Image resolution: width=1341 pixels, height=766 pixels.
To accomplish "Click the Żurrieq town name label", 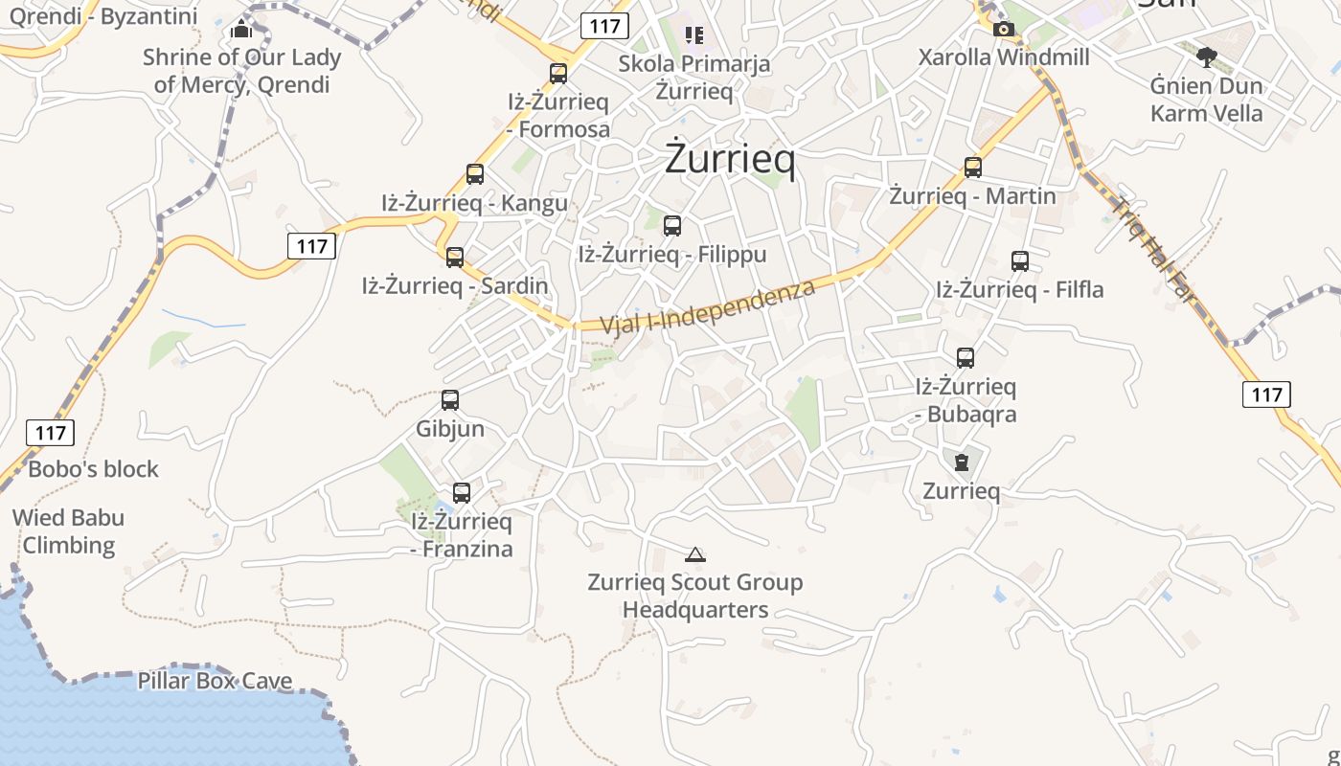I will click(x=730, y=160).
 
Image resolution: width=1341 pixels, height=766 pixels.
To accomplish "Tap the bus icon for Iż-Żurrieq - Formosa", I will click(x=558, y=74).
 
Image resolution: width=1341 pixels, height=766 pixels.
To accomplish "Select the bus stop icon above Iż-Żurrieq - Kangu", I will click(x=475, y=174).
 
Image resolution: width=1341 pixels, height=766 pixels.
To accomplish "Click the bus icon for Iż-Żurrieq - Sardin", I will click(x=455, y=258).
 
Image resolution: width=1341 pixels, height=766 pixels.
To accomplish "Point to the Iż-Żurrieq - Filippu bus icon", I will click(x=672, y=226).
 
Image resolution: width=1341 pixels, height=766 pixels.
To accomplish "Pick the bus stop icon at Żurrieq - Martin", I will click(x=973, y=168).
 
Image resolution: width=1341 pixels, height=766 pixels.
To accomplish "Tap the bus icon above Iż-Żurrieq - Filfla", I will click(x=1020, y=261).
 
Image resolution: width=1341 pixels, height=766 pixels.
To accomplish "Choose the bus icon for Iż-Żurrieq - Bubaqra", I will click(x=966, y=358).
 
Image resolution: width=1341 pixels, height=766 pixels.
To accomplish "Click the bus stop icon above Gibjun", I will click(x=450, y=400).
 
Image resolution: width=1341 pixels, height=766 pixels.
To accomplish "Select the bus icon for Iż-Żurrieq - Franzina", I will click(x=462, y=493).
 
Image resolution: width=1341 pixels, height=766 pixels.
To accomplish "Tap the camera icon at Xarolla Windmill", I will click(x=1004, y=30).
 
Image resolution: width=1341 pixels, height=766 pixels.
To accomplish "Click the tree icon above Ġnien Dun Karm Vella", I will click(x=1207, y=56).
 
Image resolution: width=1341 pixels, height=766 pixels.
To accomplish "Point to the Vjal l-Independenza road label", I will click(x=708, y=306).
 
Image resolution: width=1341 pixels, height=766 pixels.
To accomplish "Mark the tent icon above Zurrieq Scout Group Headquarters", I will click(x=695, y=554).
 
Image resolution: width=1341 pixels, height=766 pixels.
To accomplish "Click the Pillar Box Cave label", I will click(x=215, y=681).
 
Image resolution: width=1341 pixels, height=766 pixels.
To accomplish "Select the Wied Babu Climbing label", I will click(x=69, y=531).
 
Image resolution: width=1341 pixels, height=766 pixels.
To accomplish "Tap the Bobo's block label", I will click(x=93, y=469).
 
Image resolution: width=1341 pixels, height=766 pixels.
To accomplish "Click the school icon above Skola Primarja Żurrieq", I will click(x=694, y=36).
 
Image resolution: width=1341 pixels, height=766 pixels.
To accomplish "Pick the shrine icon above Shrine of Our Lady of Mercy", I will click(x=241, y=30).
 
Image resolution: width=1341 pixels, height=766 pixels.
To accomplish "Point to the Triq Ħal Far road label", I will click(x=1155, y=250).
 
